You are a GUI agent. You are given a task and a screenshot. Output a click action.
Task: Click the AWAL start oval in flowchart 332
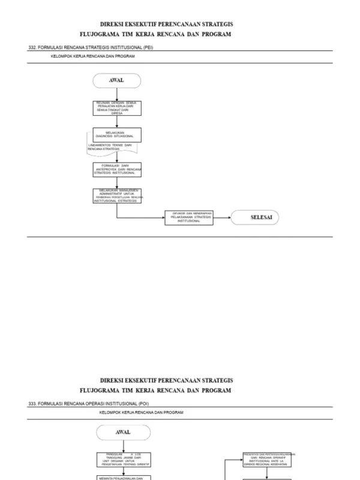(x=116, y=80)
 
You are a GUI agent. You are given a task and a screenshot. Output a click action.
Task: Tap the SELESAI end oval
(x=256, y=218)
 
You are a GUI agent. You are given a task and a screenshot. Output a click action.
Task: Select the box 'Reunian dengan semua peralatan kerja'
(x=117, y=107)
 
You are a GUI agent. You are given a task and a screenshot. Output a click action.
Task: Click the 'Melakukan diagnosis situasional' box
(x=117, y=134)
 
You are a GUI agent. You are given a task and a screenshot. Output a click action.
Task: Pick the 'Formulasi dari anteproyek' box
(x=117, y=169)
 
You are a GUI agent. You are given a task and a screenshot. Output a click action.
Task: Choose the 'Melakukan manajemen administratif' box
(x=117, y=196)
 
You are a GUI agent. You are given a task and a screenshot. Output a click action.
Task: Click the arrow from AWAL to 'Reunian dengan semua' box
(x=116, y=94)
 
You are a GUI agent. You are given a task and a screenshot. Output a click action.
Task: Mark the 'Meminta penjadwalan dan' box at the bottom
(x=123, y=478)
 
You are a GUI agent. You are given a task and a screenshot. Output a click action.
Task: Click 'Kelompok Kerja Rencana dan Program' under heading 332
(x=92, y=56)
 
